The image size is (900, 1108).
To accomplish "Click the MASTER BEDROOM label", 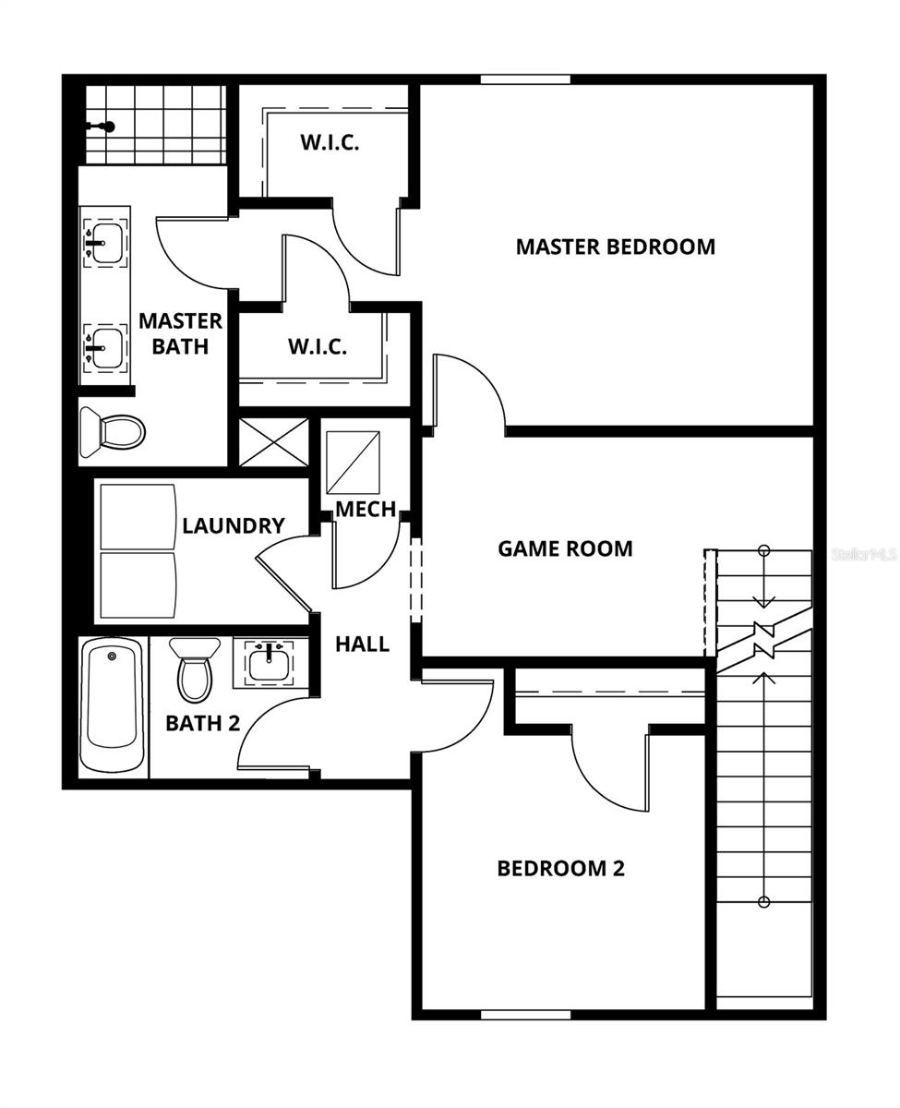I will [x=615, y=247].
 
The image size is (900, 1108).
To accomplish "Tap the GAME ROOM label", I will [x=565, y=548].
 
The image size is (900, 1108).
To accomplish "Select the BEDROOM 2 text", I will [x=560, y=869].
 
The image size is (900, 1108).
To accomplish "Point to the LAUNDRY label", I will [x=234, y=526].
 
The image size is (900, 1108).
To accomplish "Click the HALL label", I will [x=362, y=644].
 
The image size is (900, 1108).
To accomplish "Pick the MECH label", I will [x=366, y=509].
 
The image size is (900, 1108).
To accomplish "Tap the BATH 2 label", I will [x=203, y=723].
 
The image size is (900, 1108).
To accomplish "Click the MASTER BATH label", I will [x=181, y=333].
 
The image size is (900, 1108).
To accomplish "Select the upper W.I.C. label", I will [x=330, y=143].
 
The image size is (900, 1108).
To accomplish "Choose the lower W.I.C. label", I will [x=318, y=347].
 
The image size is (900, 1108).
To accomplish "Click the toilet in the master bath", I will [x=114, y=431].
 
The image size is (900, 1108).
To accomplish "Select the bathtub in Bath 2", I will [x=112, y=705].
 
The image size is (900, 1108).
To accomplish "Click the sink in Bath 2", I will [x=270, y=661].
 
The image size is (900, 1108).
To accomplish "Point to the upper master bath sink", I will [x=105, y=242].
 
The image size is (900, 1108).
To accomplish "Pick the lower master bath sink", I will [x=105, y=345].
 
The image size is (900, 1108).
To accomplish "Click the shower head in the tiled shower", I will [x=106, y=126].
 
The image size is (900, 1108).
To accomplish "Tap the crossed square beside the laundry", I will [x=274, y=441].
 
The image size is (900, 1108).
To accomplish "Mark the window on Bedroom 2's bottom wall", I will [x=525, y=1015].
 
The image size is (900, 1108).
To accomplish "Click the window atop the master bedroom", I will [x=525, y=79].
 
